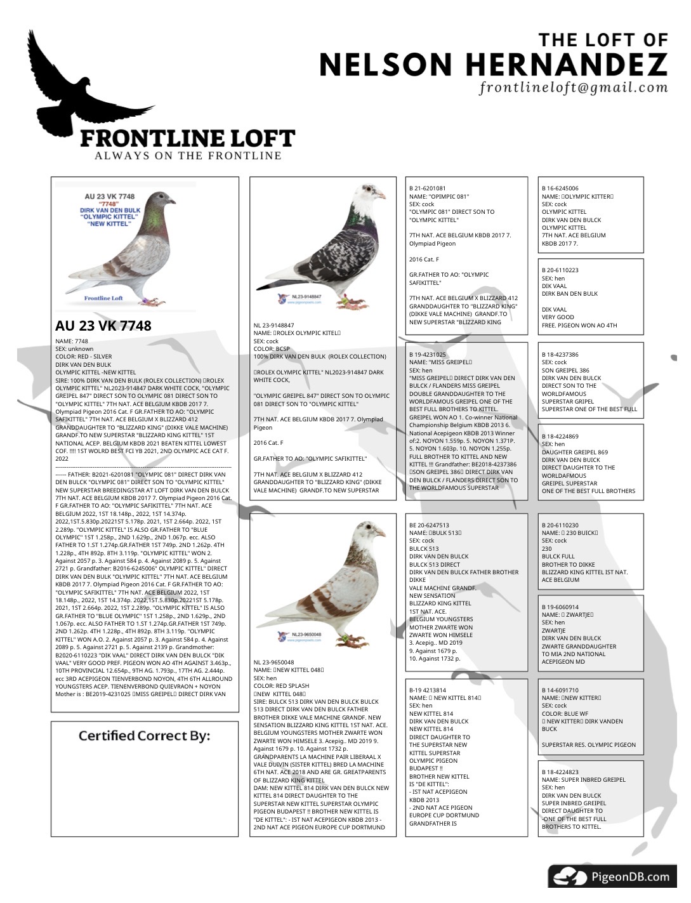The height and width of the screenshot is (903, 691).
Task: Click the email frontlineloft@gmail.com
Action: tap(573, 88)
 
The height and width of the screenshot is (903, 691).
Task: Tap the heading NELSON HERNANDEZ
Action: tap(493, 65)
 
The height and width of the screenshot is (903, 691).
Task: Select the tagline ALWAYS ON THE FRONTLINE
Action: tap(188, 155)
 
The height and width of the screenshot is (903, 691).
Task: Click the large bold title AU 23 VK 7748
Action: tap(103, 326)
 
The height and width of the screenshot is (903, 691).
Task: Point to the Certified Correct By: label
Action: tap(144, 735)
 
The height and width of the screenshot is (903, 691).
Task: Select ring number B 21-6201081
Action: tap(427, 188)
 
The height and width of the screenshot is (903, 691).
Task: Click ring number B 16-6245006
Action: tap(560, 188)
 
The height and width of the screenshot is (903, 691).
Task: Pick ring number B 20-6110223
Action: tap(560, 270)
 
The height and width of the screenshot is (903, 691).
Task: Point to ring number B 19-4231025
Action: tap(427, 354)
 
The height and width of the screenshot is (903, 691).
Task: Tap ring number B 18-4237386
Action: tap(560, 354)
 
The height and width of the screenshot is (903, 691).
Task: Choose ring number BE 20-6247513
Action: tap(429, 525)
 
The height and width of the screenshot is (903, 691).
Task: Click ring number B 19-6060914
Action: tap(560, 607)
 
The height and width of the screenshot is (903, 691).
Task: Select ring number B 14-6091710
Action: tap(560, 690)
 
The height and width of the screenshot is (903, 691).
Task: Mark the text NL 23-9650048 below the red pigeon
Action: tap(274, 662)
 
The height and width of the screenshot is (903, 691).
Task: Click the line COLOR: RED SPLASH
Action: tap(281, 686)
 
